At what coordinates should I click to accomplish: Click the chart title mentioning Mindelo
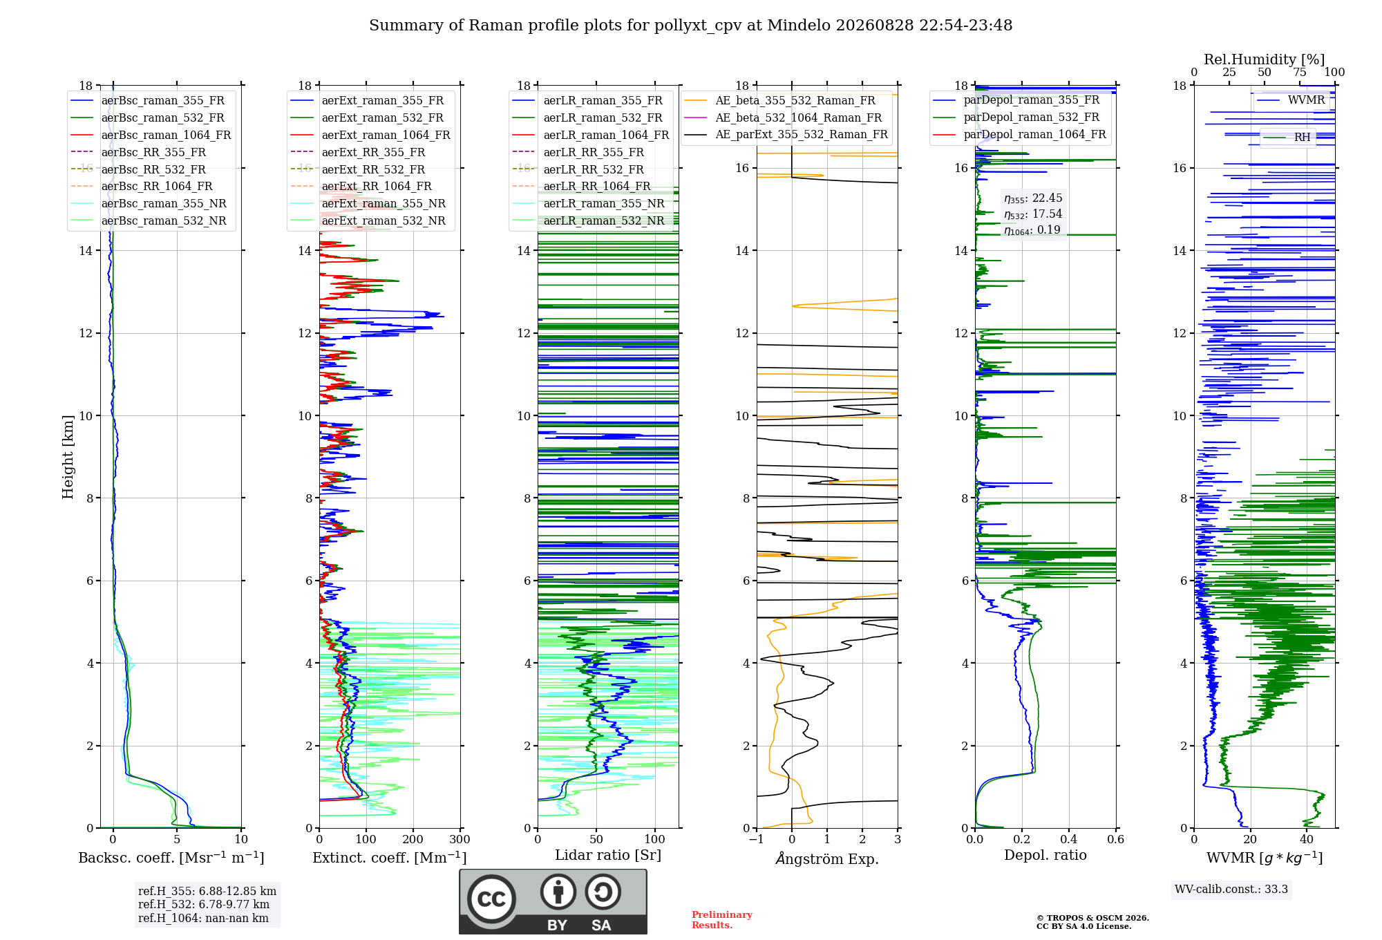(690, 26)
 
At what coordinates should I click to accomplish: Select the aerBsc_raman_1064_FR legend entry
(151, 135)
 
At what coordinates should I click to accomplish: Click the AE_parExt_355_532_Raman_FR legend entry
(786, 134)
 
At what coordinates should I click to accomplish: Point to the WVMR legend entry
(1291, 100)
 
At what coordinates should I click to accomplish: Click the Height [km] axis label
(68, 457)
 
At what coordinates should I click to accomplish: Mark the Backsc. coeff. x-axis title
(171, 857)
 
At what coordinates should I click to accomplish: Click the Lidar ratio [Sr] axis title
(608, 855)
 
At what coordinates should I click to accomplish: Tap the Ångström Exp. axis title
(827, 858)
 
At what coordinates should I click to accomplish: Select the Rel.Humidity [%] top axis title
(1265, 59)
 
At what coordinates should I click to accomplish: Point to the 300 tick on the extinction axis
(460, 839)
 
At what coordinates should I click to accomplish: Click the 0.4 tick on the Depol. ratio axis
(1069, 839)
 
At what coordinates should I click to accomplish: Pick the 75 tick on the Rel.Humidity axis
(1300, 72)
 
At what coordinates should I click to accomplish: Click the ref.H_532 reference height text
(204, 904)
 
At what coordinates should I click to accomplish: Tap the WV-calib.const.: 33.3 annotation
(1231, 889)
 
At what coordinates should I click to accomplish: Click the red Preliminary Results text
(722, 920)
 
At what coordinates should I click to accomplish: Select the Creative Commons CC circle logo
(491, 899)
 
